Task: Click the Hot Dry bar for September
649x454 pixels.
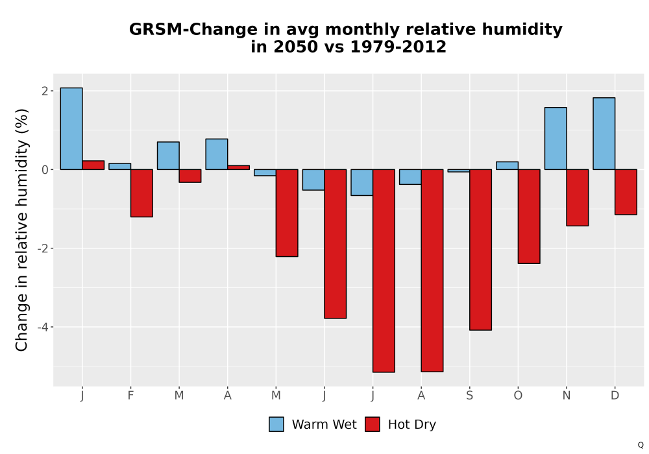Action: pos(480,250)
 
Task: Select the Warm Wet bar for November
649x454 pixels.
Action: pos(556,139)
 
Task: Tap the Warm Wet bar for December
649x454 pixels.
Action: pos(604,134)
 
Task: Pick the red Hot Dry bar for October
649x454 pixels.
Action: pos(529,216)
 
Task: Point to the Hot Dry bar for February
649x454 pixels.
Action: pos(141,193)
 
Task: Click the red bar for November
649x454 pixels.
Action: pos(578,198)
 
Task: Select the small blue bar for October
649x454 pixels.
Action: pos(507,165)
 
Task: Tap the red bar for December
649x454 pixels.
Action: pos(626,192)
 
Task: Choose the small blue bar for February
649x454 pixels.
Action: pos(119,166)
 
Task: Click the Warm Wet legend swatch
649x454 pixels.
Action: pos(276,424)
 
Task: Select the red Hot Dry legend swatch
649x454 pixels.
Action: pos(373,424)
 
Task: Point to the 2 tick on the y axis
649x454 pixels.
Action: pos(45,91)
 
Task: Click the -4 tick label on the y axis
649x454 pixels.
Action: pos(43,327)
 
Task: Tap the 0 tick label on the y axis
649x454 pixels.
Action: pos(45,169)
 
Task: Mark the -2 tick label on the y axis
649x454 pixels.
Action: pos(43,248)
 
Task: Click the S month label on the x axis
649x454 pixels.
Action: pos(469,396)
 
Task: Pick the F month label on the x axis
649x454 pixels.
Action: pos(131,396)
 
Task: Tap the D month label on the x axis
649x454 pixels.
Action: pos(615,396)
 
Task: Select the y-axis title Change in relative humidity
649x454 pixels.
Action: pos(21,230)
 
